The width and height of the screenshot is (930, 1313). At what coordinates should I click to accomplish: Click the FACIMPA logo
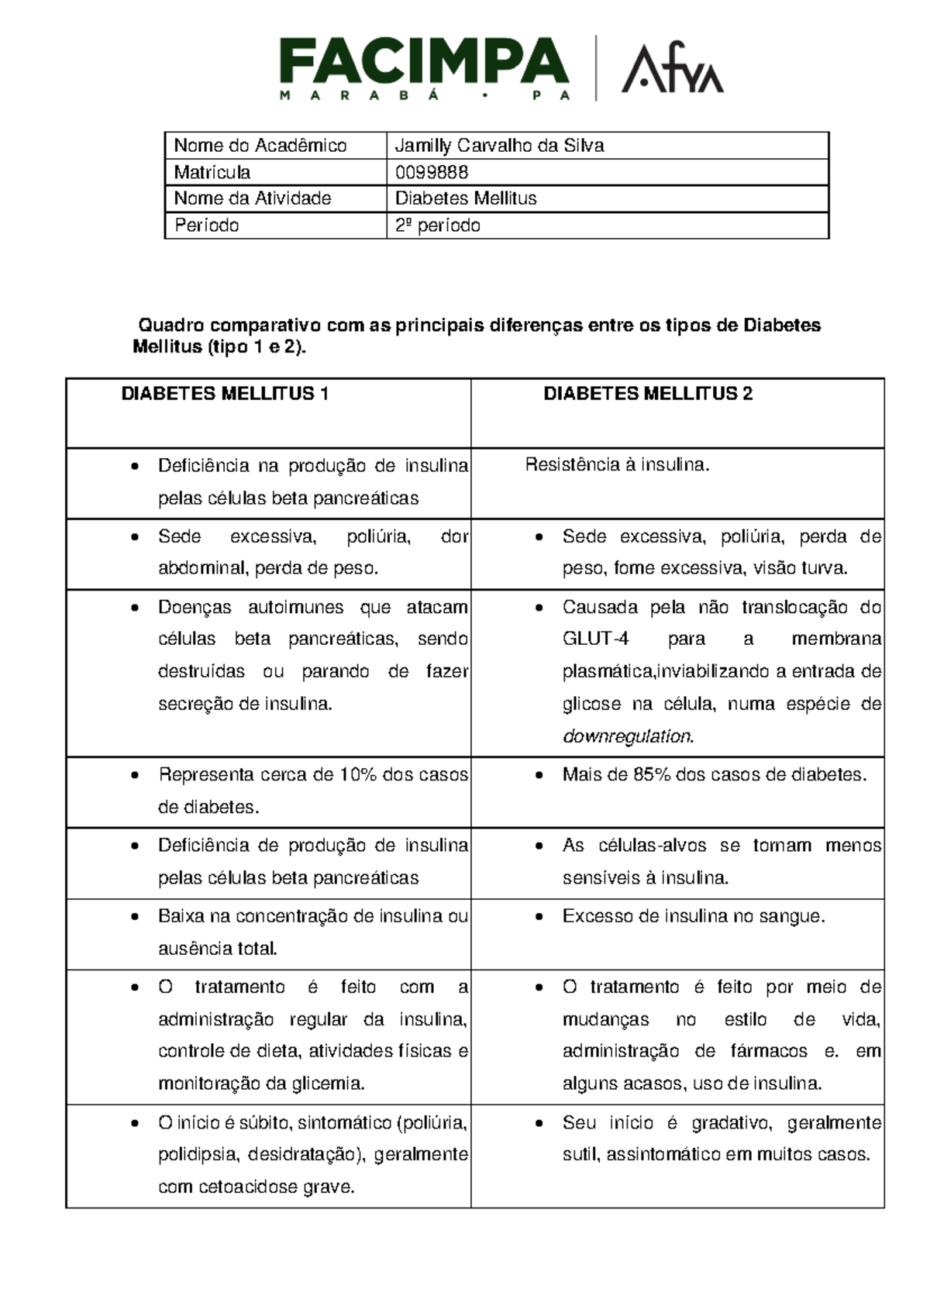click(x=424, y=68)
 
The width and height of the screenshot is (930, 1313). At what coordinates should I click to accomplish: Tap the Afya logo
click(x=672, y=69)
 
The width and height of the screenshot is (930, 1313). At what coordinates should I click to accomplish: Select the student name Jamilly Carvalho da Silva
click(x=499, y=146)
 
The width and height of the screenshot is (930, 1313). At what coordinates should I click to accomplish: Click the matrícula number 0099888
click(x=431, y=172)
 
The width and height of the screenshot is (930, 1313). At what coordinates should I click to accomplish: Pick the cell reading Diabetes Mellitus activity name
click(x=466, y=198)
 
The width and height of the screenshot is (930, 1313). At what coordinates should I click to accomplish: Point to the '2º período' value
click(x=437, y=226)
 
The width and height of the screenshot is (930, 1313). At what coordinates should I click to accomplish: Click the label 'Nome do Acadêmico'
click(x=260, y=146)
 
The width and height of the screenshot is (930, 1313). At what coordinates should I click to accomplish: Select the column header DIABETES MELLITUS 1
click(x=225, y=394)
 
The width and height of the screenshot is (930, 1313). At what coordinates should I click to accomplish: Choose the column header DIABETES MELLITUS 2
click(x=648, y=394)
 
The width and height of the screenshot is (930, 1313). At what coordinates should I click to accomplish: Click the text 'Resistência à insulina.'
click(x=617, y=465)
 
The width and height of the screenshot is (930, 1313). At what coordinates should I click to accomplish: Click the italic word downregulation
click(x=627, y=736)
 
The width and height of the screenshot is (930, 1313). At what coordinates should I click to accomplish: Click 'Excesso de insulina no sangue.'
click(x=694, y=916)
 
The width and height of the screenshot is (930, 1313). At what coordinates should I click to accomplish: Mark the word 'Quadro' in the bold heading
click(x=168, y=326)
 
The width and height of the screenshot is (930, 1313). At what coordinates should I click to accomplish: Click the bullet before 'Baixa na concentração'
click(x=136, y=917)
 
